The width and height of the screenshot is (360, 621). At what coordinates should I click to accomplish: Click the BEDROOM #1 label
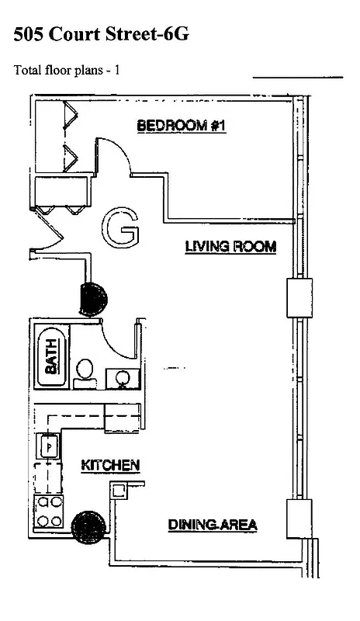tap(181, 125)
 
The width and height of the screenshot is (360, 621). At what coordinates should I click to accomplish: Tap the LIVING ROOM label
tap(230, 247)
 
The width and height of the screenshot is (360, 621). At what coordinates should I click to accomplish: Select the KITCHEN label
tap(110, 466)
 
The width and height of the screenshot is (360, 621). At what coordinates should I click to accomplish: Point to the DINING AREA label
tap(213, 526)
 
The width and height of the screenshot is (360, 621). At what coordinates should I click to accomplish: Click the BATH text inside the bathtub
tap(51, 359)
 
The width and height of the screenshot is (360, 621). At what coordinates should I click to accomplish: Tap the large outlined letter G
tap(121, 227)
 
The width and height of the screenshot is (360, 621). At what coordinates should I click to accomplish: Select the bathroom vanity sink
tap(122, 378)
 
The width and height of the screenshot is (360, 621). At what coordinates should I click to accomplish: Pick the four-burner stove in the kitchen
tap(49, 513)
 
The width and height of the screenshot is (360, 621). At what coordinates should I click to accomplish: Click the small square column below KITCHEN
tap(119, 491)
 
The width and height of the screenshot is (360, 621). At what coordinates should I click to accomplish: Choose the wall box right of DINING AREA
tap(299, 518)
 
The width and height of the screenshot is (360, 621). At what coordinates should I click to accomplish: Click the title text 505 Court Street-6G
tap(101, 35)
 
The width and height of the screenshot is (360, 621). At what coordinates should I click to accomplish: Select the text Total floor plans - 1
tap(67, 70)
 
